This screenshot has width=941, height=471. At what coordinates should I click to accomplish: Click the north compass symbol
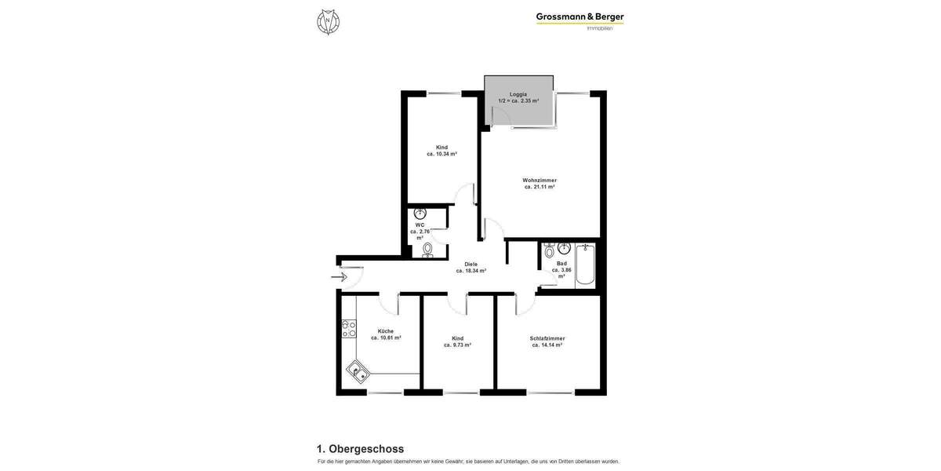(x=328, y=21)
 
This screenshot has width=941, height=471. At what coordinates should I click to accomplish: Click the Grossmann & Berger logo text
(x=579, y=16)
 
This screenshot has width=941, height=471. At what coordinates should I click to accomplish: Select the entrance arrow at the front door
(x=339, y=276)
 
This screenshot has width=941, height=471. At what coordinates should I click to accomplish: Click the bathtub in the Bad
(x=585, y=266)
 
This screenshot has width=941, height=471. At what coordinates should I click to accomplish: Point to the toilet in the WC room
(x=427, y=249)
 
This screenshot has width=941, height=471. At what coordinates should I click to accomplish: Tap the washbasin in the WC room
(x=420, y=213)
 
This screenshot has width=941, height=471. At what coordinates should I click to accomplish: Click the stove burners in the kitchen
(x=348, y=328)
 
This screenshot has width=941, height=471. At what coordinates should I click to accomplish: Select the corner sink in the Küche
(x=358, y=371)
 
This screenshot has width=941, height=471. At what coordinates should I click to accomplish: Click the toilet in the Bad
(x=549, y=251)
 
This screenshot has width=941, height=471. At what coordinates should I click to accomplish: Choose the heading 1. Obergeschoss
(x=360, y=449)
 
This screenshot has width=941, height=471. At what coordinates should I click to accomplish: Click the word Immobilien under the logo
(x=600, y=29)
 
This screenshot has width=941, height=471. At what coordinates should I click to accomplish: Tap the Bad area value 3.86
(x=561, y=270)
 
